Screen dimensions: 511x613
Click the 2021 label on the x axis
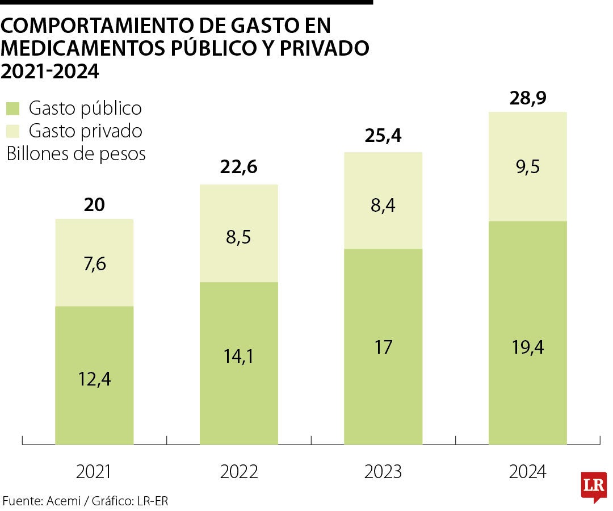click(94, 471)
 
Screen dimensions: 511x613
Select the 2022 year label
click(239, 471)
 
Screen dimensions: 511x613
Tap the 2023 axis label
click(383, 471)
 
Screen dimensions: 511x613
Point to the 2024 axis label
click(527, 471)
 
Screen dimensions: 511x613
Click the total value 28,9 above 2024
click(527, 98)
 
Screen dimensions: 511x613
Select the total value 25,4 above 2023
click(383, 137)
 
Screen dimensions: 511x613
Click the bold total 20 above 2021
click(94, 204)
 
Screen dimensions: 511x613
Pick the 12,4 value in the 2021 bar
click(94, 379)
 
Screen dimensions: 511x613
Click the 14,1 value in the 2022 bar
click(239, 356)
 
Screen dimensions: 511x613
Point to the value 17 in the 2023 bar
click(383, 346)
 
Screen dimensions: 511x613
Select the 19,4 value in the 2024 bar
click(527, 346)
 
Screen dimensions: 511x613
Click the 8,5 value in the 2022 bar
click(239, 237)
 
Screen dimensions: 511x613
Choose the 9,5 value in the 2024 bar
click(527, 167)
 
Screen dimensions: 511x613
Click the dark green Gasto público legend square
click(13, 108)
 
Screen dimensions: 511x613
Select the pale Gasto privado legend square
click(13, 131)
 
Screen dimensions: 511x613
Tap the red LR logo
click(594, 486)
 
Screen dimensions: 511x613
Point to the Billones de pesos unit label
click(76, 154)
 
